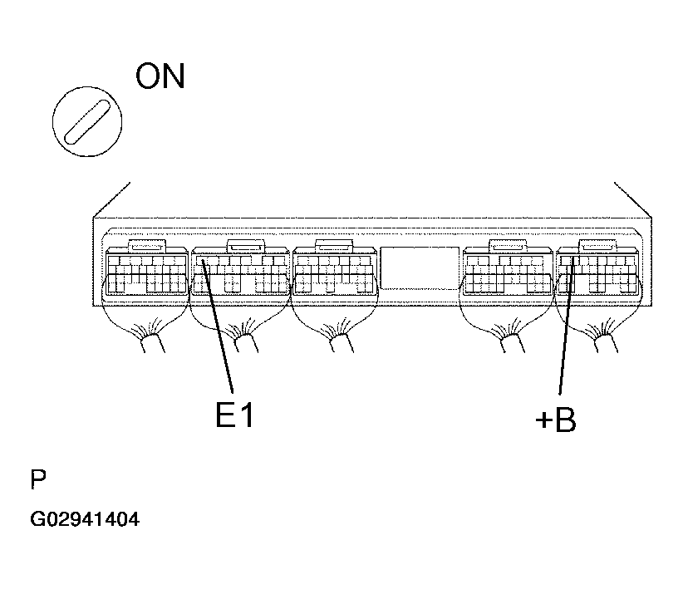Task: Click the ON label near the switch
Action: pyautogui.click(x=160, y=76)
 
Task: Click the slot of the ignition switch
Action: pyautogui.click(x=87, y=121)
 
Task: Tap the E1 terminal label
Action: pyautogui.click(x=234, y=415)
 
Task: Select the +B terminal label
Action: pyautogui.click(x=555, y=420)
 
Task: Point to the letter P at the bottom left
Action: pyautogui.click(x=38, y=479)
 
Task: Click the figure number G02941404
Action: pyautogui.click(x=85, y=519)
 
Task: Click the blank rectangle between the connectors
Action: pyautogui.click(x=420, y=268)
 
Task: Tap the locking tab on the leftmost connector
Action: pyautogui.click(x=147, y=246)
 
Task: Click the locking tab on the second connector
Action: pyautogui.click(x=246, y=246)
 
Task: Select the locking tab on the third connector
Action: pyautogui.click(x=334, y=246)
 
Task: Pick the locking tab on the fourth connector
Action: pyautogui.click(x=509, y=246)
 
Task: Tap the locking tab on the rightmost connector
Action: pyautogui.click(x=597, y=246)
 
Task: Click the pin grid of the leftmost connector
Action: pyautogui.click(x=147, y=274)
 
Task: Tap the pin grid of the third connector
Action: pyautogui.click(x=334, y=274)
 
